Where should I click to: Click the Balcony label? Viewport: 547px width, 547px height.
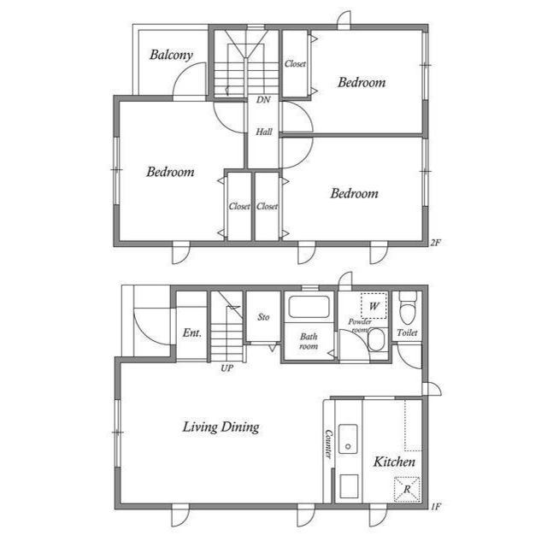tap(171, 56)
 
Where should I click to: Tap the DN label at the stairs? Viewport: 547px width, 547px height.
tap(263, 100)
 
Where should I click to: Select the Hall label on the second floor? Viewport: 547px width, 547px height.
tap(264, 132)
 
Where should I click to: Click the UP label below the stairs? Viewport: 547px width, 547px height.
tap(227, 368)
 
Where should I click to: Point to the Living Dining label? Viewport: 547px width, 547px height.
tap(221, 426)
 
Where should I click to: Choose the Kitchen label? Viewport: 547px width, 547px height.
tap(394, 462)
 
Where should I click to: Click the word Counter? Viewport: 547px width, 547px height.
tap(328, 443)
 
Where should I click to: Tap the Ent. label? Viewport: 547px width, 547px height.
tap(191, 332)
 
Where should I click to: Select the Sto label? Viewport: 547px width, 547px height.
tap(263, 317)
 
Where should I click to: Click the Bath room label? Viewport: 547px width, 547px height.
tap(308, 342)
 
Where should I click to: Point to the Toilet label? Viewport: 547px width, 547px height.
tap(408, 332)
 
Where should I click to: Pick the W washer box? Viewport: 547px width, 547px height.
tap(373, 305)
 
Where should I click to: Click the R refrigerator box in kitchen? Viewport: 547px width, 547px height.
tap(407, 489)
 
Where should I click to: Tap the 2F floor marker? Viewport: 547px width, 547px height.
tap(435, 242)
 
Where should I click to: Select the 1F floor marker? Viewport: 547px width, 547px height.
tap(435, 506)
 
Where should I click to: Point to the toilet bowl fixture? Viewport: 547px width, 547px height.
tap(408, 303)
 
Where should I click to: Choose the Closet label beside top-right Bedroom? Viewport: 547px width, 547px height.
tap(295, 64)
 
